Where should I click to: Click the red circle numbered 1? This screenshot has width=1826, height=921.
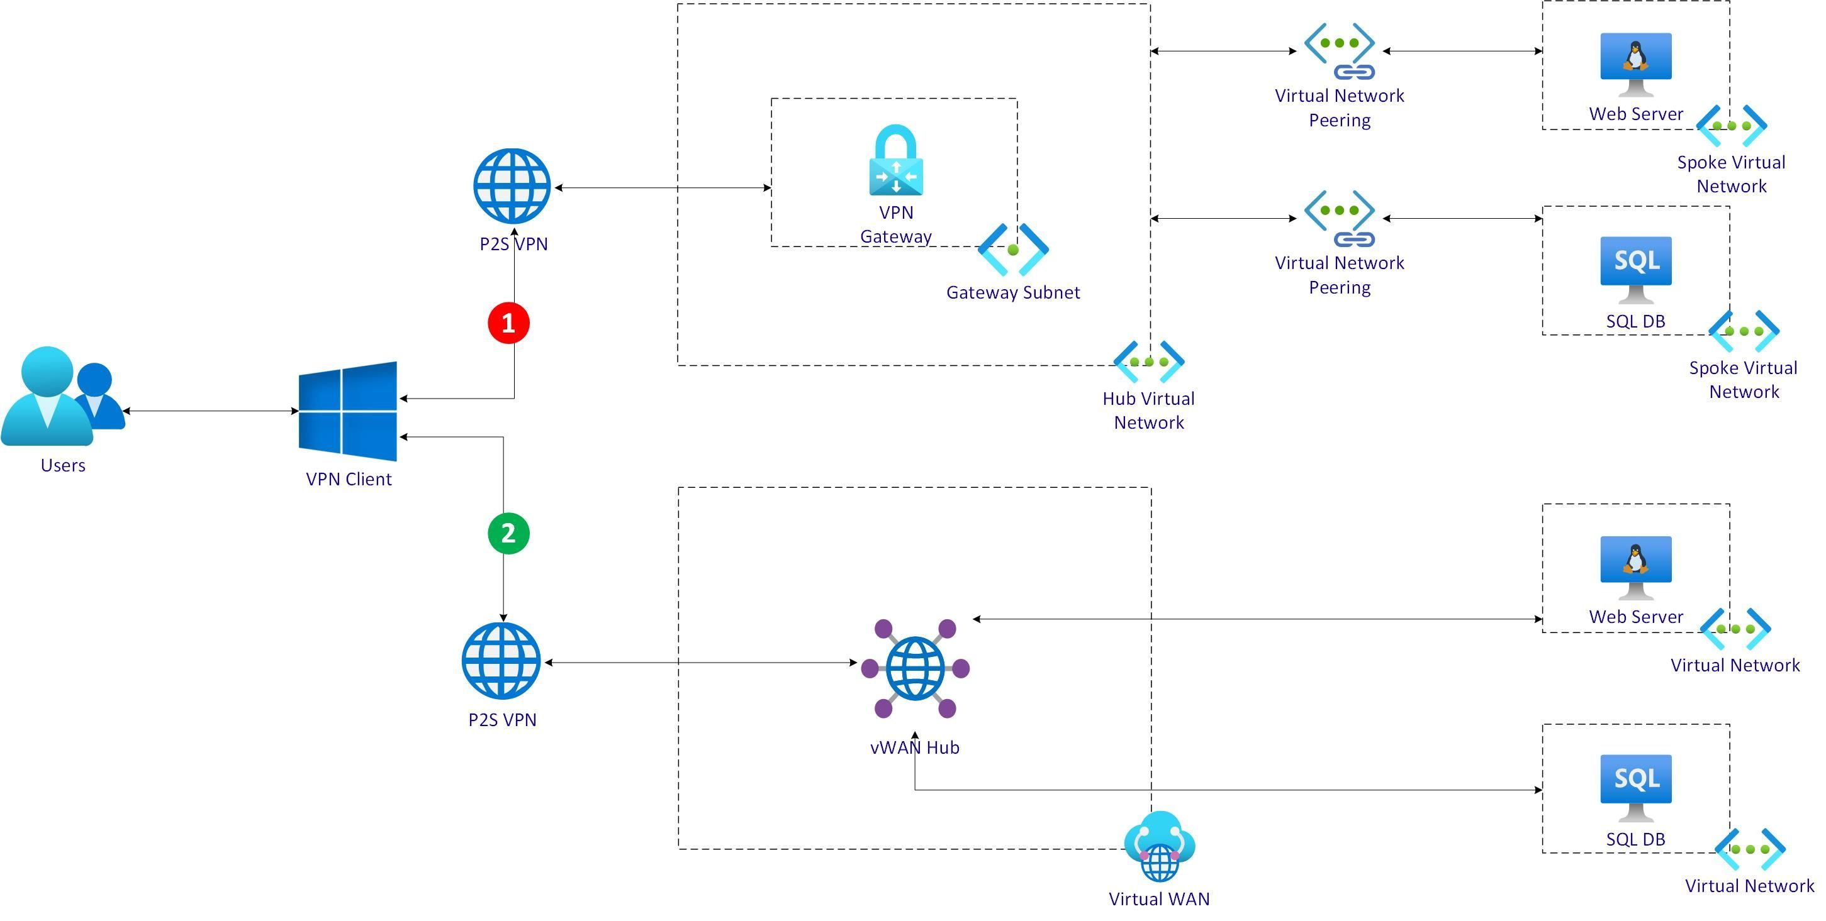coord(508,323)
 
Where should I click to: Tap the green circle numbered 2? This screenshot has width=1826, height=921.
coord(508,532)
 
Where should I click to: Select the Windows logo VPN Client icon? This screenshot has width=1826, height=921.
coord(348,411)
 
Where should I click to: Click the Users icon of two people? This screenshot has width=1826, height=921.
coord(62,397)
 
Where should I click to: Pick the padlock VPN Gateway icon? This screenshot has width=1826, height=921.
coord(896,160)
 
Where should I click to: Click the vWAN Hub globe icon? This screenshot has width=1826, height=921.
coord(915,668)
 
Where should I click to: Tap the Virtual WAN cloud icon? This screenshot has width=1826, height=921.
coord(1160,846)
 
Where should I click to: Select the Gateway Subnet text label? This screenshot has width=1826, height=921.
coord(1013,292)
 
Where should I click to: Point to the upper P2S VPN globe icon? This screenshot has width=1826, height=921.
coord(512,186)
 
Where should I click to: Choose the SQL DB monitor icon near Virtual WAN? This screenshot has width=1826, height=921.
coord(1635,787)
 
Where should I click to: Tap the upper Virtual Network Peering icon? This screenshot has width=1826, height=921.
coord(1339,50)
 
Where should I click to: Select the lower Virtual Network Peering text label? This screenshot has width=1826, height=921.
coord(1339,275)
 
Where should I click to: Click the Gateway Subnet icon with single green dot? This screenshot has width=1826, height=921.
coord(1013,250)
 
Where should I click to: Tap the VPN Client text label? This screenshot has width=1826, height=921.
coord(348,479)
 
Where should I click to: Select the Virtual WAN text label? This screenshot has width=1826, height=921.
coord(1159,898)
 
